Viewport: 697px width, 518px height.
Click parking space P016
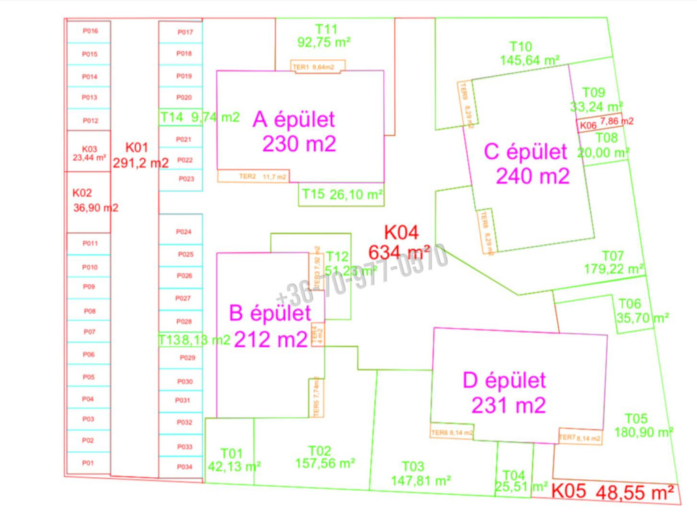pyautogui.click(x=90, y=31)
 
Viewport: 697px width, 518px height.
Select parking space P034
pyautogui.click(x=184, y=467)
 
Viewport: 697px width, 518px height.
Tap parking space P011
pyautogui.click(x=90, y=243)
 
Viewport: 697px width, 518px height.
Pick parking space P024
pyautogui.click(x=184, y=232)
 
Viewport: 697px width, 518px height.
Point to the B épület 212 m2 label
pyautogui.click(x=270, y=327)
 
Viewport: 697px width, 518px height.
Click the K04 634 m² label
pyautogui.click(x=400, y=242)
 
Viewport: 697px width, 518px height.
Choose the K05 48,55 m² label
pyautogui.click(x=613, y=492)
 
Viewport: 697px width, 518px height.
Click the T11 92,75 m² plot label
pyautogui.click(x=325, y=35)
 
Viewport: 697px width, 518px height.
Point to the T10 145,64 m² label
pyautogui.click(x=530, y=53)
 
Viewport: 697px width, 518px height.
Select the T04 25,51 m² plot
pyautogui.click(x=514, y=479)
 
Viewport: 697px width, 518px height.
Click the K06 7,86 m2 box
pyautogui.click(x=605, y=124)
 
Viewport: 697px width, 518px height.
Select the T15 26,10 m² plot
pyautogui.click(x=342, y=195)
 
